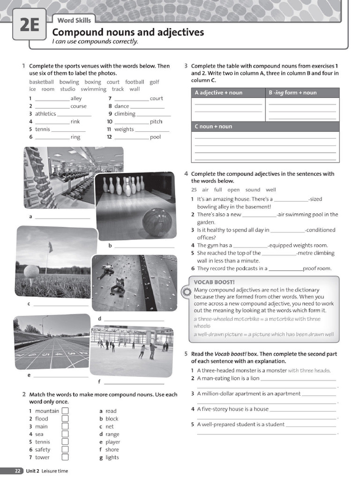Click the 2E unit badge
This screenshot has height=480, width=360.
coord(29,24)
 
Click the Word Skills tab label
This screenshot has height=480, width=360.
coord(74,20)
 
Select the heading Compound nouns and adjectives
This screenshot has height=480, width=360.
coord(128,32)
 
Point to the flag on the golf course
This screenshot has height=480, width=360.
coord(50,247)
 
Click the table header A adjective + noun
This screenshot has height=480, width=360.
coord(218,93)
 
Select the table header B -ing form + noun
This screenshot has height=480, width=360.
coord(292,93)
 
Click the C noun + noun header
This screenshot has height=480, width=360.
coord(213,127)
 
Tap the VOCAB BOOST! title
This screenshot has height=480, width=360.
coord(214,282)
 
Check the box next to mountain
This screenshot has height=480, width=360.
coord(65,411)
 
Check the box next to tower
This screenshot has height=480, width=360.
coord(65,457)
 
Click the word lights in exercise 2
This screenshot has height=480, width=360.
coord(112,457)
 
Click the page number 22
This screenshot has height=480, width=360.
coord(17,471)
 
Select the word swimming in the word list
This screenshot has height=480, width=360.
coord(93,89)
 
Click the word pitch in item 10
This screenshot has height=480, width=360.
coord(156,122)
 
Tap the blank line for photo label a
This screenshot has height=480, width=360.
coord(62,217)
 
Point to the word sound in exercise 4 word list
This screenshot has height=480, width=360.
coord(252,190)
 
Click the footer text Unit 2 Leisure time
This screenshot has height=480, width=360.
coord(47,471)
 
